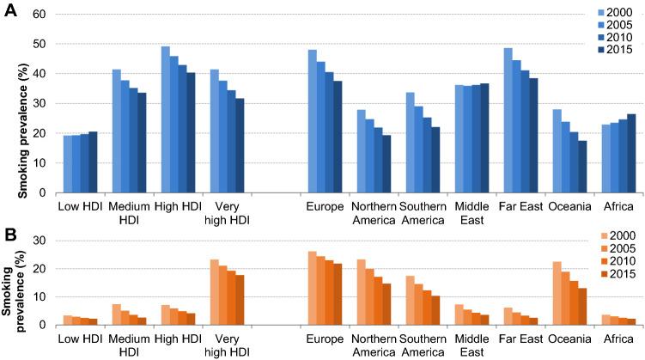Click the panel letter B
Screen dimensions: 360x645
pos(9,232)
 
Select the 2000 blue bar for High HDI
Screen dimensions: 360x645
pos(166,122)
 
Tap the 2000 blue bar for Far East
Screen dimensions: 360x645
pos(508,122)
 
